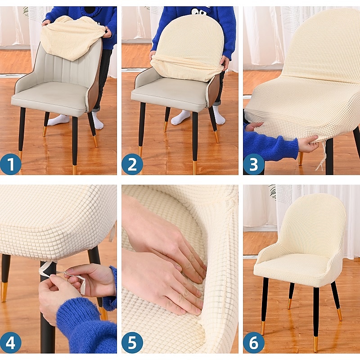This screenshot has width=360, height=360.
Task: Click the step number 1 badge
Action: point(10,164)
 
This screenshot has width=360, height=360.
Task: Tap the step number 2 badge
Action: point(132,164)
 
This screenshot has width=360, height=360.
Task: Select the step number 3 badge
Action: point(254,164)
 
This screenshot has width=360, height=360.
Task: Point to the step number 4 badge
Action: point(10,342)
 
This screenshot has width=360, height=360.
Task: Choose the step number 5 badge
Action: point(132,342)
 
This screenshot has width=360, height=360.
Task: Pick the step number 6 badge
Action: point(254,342)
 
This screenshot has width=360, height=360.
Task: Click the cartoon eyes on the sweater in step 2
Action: point(195,11)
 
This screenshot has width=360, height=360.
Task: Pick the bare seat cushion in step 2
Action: point(170,92)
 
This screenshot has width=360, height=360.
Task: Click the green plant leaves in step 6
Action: point(272,192)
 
